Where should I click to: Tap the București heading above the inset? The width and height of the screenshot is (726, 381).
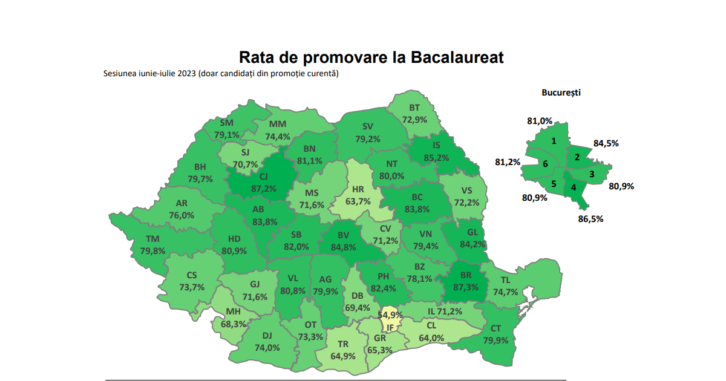pyautogui.click(x=561, y=93)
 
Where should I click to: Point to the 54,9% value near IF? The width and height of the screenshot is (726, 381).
pyautogui.click(x=390, y=315)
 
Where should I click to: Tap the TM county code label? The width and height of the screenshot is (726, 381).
pyautogui.click(x=152, y=239)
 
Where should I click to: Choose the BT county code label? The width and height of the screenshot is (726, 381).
pyautogui.click(x=414, y=108)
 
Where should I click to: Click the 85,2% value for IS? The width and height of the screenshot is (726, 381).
pyautogui.click(x=436, y=158)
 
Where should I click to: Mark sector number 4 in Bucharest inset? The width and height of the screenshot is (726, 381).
pyautogui.click(x=573, y=187)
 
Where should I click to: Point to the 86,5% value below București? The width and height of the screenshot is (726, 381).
pyautogui.click(x=590, y=218)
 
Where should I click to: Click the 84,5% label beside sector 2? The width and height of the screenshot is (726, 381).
pyautogui.click(x=606, y=143)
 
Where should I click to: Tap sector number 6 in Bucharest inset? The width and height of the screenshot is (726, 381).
pyautogui.click(x=545, y=164)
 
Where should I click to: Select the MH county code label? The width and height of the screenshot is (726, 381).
pyautogui.click(x=234, y=312)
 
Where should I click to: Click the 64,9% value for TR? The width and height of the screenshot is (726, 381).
pyautogui.click(x=344, y=356)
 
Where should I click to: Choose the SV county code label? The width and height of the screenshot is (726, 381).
pyautogui.click(x=368, y=127)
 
